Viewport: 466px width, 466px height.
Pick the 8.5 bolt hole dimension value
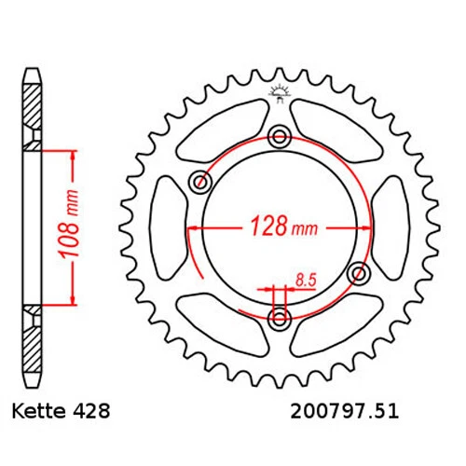pyautogui.click(x=304, y=278)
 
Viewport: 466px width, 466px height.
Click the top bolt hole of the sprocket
pyautogui.click(x=279, y=138)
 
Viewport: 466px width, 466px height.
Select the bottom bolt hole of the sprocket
pyautogui.click(x=279, y=319)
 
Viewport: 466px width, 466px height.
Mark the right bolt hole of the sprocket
pyautogui.click(x=359, y=273)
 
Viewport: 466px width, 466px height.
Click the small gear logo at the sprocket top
pyautogui.click(x=278, y=91)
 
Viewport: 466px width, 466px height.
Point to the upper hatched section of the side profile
pyautogui.click(x=33, y=112)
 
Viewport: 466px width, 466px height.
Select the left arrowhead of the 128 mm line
pyautogui.click(x=192, y=226)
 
